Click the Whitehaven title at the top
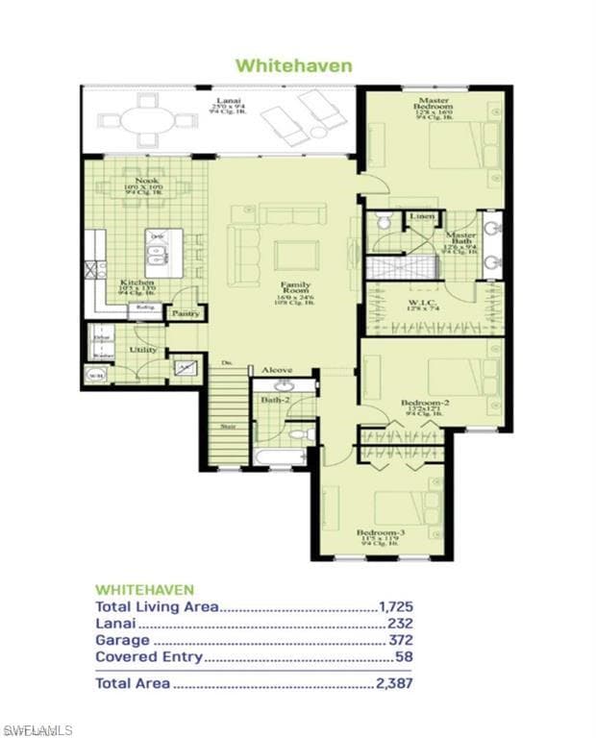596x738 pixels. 293,65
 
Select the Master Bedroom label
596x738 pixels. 433,101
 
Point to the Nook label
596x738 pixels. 147,180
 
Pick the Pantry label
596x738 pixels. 185,313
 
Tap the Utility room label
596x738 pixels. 144,351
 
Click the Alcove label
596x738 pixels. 277,370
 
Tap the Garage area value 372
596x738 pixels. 401,640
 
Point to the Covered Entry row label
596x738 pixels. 149,656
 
